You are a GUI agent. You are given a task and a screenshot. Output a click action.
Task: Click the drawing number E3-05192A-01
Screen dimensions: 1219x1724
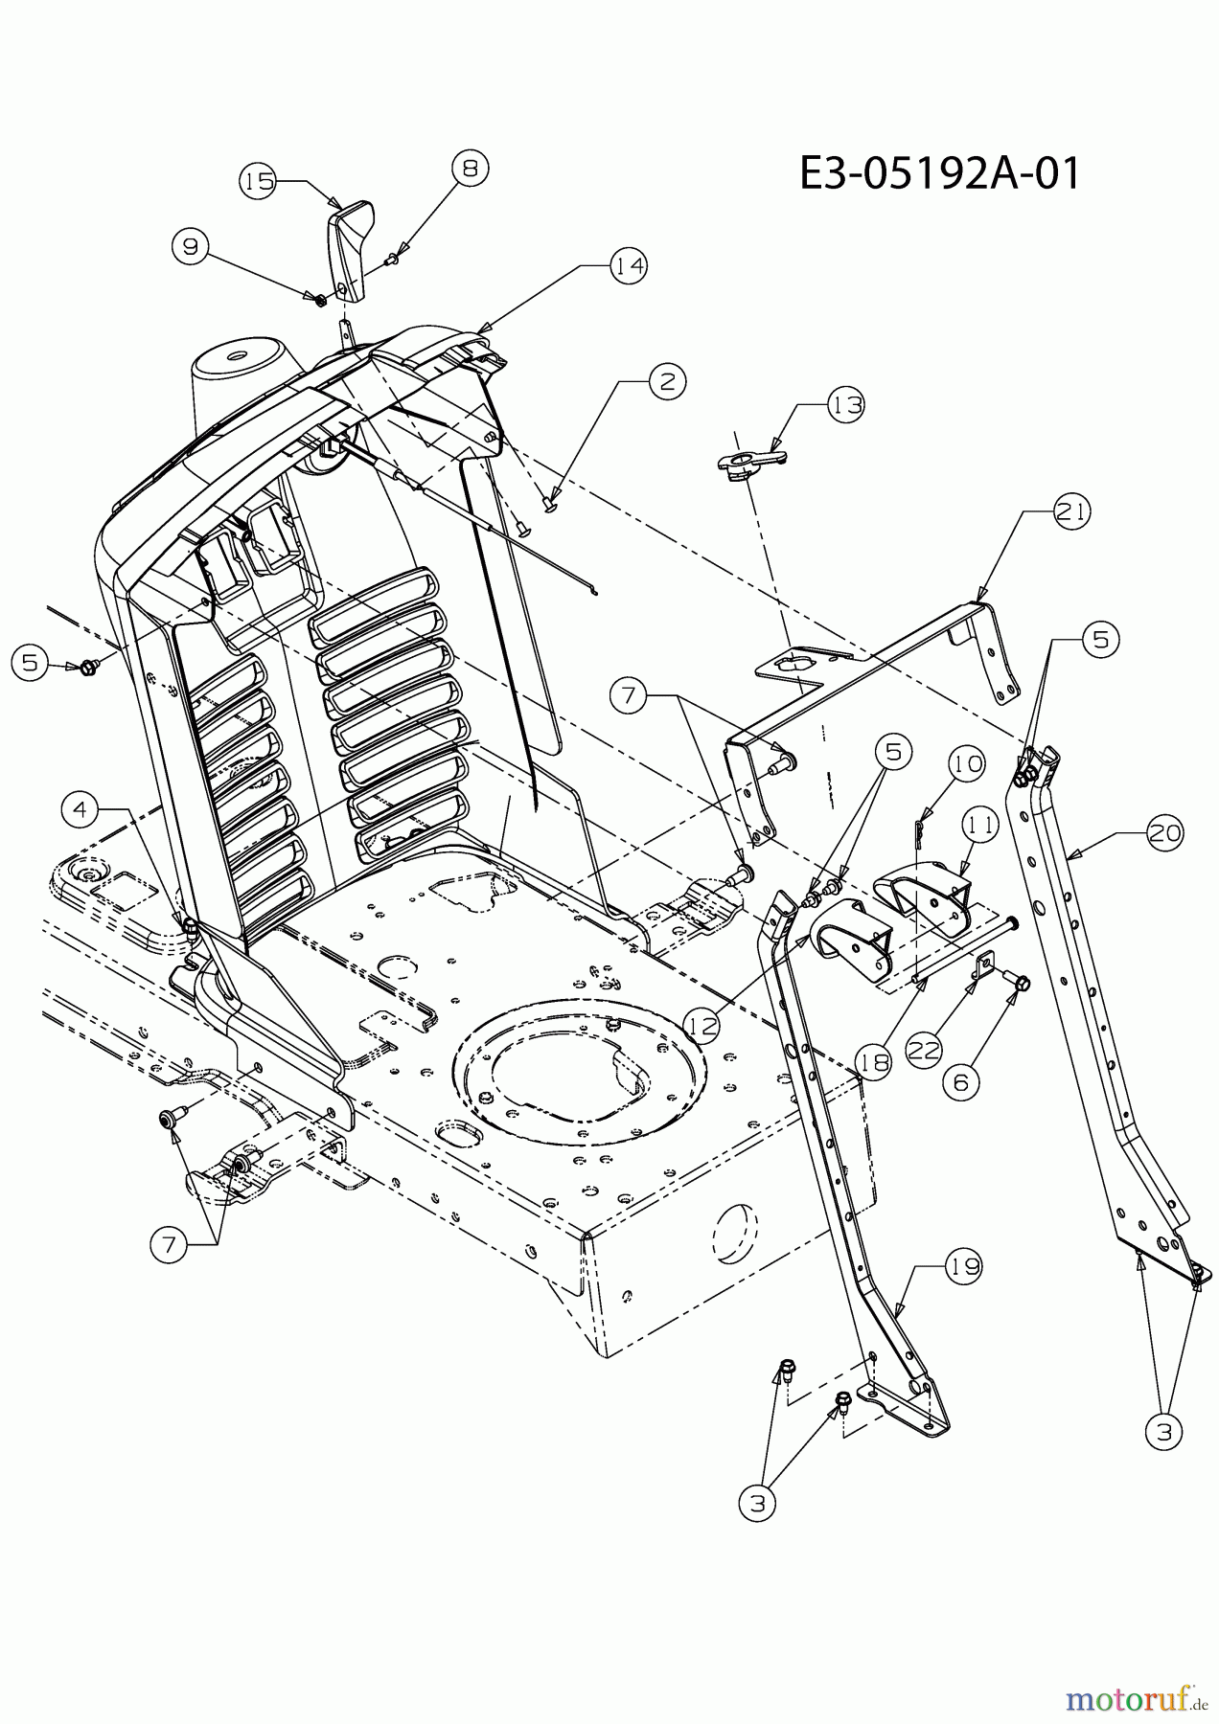point(940,174)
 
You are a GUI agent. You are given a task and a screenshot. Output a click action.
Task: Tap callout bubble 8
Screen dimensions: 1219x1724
point(470,169)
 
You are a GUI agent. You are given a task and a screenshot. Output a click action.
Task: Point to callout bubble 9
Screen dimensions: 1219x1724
point(191,247)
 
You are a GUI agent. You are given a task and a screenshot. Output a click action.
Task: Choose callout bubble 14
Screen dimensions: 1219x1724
point(629,265)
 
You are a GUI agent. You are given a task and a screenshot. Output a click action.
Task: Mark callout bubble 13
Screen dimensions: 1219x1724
point(845,405)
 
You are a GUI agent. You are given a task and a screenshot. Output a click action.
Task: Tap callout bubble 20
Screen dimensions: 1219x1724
point(1164,834)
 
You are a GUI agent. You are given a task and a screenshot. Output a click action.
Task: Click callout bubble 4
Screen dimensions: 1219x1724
point(80,810)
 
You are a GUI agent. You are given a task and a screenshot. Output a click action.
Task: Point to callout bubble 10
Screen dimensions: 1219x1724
point(968,764)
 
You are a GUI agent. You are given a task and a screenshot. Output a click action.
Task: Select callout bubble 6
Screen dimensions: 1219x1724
point(962,1081)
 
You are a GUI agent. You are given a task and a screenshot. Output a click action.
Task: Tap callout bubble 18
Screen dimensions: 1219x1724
point(875,1061)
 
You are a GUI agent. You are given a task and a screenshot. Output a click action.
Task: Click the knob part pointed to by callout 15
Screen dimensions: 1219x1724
point(349,253)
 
